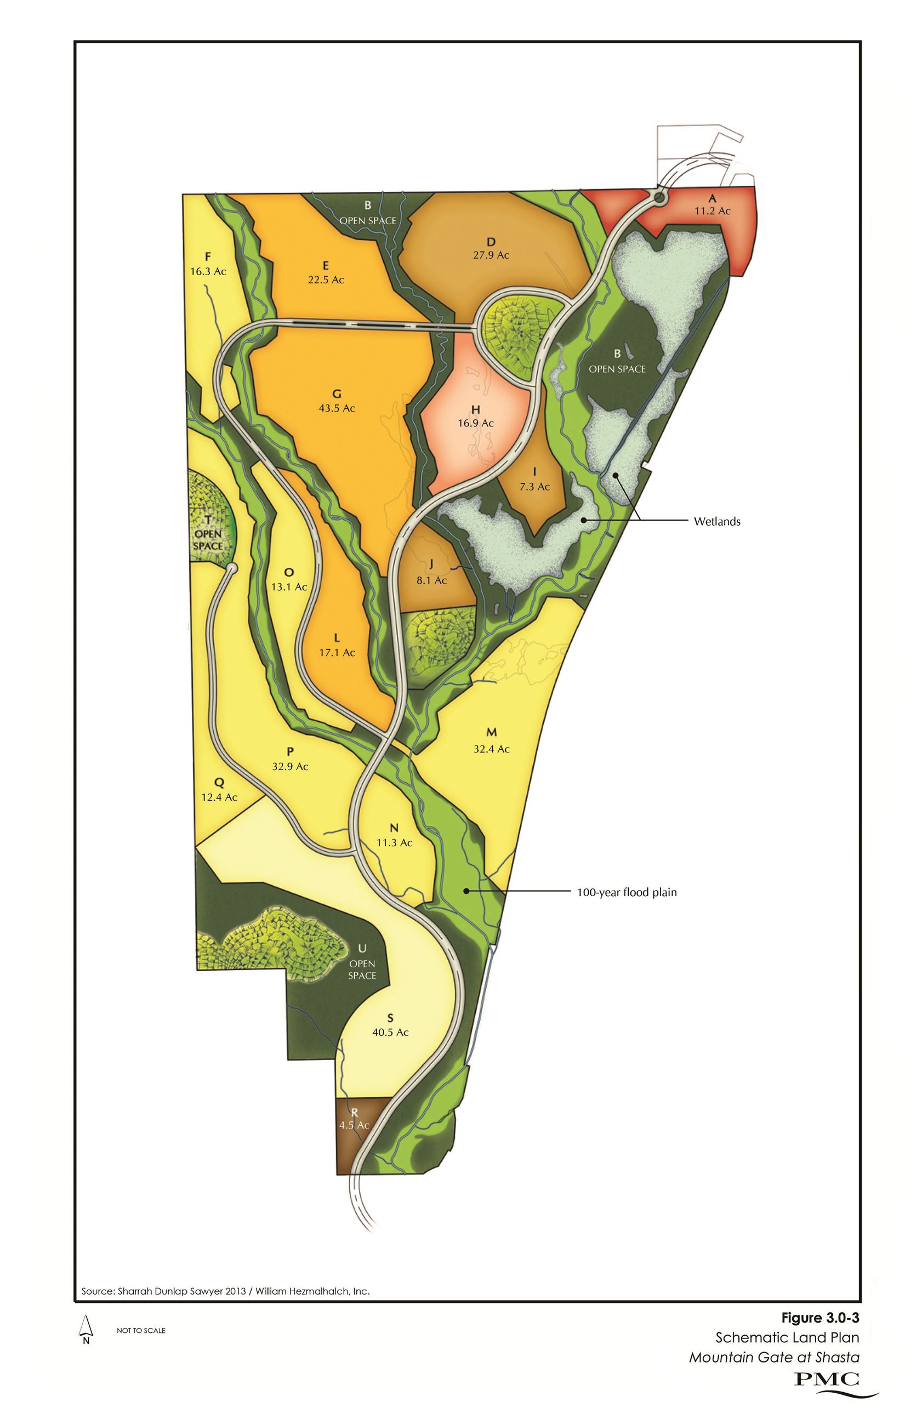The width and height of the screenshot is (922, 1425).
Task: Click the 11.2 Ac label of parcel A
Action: tap(713, 211)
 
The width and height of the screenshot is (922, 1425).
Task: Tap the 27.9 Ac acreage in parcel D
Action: tap(491, 255)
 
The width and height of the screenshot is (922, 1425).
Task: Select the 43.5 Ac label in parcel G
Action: tap(337, 408)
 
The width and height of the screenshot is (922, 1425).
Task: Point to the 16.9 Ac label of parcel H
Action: tap(475, 423)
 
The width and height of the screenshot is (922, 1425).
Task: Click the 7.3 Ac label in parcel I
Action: tap(534, 487)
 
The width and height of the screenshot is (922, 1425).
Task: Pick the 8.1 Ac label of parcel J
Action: tap(431, 580)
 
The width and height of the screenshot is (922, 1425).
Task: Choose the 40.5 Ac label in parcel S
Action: tap(390, 1033)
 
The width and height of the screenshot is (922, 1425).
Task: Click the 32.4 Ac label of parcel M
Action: tap(492, 749)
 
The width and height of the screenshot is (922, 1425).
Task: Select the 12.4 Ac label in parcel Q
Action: tap(219, 797)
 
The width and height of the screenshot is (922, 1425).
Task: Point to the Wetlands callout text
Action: tap(716, 522)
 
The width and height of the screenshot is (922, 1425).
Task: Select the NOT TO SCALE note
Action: tap(141, 1330)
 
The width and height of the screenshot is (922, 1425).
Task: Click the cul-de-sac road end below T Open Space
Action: tap(231, 566)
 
